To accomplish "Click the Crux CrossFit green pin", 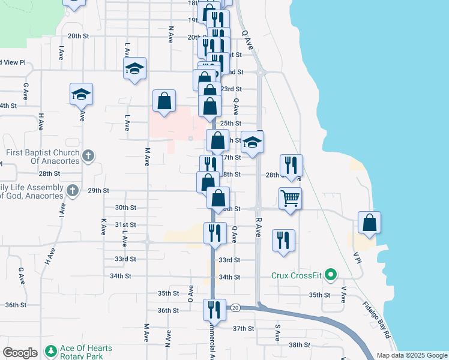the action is [x=329, y=275].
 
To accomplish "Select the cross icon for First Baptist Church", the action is [x=88, y=156].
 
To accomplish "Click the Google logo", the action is [x=20, y=353].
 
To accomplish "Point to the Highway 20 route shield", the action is [x=235, y=307].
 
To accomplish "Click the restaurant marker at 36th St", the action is [x=214, y=309].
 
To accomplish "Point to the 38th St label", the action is [x=298, y=345].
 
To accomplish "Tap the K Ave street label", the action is [x=103, y=226].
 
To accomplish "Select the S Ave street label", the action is [x=278, y=330].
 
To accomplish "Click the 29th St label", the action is [x=98, y=191].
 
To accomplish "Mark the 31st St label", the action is [x=125, y=224].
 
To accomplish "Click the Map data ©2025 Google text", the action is [x=411, y=355].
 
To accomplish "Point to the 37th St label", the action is [x=244, y=328].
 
